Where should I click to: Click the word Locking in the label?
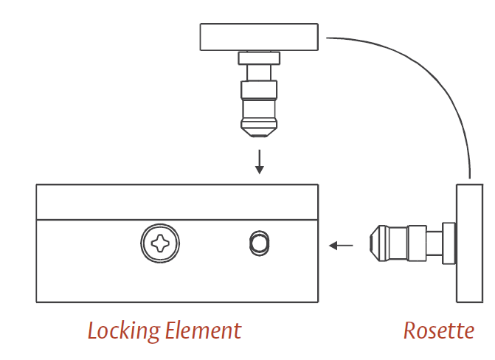point(121,330)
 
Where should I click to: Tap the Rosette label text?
point(438,330)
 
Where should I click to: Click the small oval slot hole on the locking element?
point(258,242)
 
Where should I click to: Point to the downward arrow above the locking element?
point(259,162)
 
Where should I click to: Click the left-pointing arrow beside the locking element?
point(340,245)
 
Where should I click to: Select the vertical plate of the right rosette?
point(469,243)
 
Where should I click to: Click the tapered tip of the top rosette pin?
point(259,128)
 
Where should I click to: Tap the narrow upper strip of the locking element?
point(177,201)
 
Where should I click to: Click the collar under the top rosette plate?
point(259,58)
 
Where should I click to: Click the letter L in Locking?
point(93,330)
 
